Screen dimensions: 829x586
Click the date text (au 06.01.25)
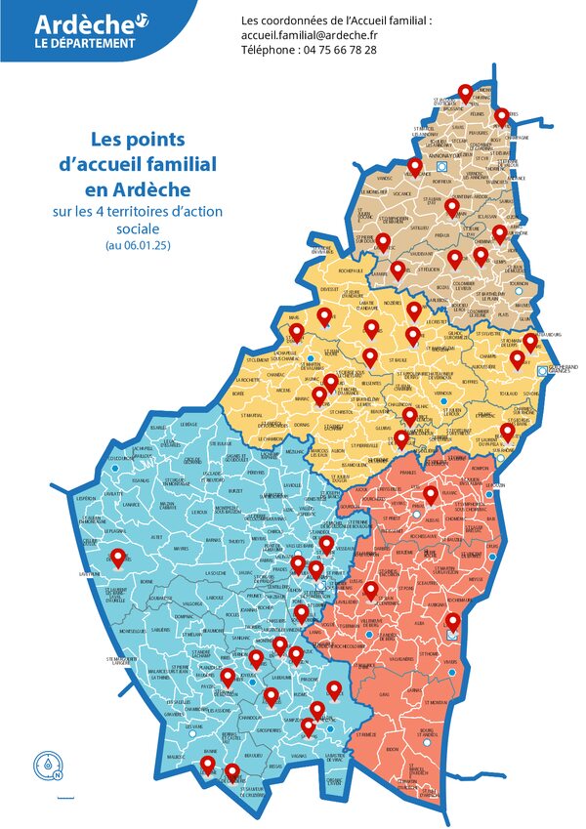(138, 246)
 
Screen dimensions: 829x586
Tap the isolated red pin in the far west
(118, 559)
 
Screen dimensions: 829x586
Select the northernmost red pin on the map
(465, 92)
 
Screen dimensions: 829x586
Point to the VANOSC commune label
(384, 179)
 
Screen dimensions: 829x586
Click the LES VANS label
(196, 726)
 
